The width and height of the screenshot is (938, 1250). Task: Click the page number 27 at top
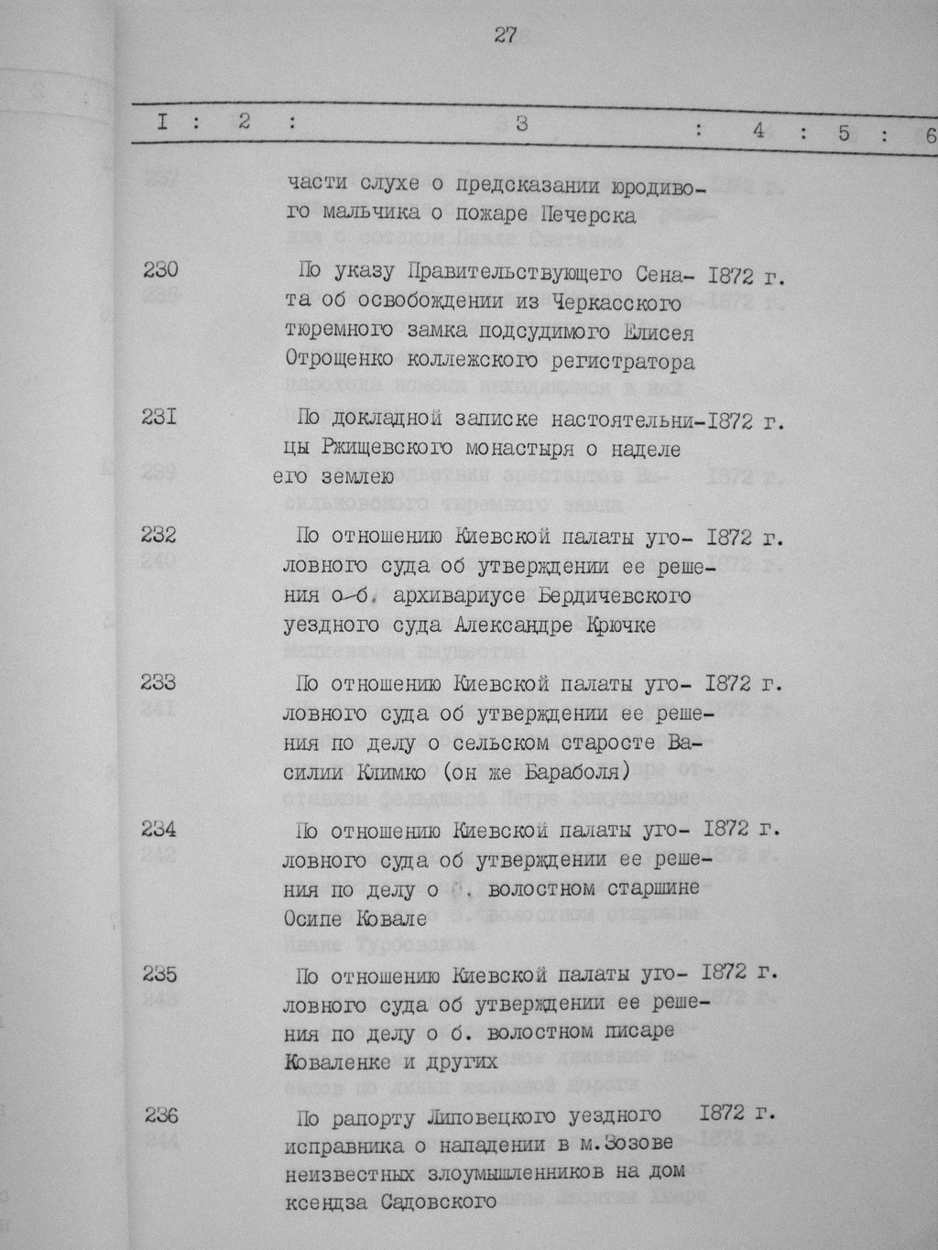coord(506,35)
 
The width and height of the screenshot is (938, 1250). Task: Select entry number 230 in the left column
coord(160,270)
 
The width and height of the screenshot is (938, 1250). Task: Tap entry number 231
coord(160,418)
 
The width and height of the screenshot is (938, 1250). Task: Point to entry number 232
coord(159,535)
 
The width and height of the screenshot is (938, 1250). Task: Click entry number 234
coord(159,829)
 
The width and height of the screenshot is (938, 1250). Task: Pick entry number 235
coord(159,973)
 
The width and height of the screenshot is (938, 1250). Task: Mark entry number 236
coord(160,1116)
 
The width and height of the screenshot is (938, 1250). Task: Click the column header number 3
coord(520,125)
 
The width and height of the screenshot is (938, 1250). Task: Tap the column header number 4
coord(758,130)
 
